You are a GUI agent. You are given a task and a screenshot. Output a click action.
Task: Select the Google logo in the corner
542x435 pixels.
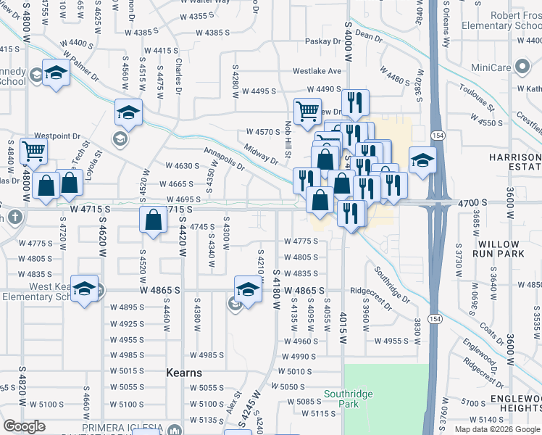tap(24, 426)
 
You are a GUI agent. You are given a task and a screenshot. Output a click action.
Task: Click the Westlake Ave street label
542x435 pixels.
tap(317, 71)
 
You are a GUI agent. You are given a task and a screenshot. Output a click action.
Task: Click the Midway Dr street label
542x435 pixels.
tap(261, 153)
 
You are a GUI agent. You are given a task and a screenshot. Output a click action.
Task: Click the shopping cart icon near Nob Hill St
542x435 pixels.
tap(307, 111)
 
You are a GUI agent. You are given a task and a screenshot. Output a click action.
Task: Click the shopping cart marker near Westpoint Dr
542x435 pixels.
tap(33, 152)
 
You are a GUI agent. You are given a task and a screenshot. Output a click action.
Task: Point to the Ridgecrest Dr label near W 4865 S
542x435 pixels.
tap(370, 289)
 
